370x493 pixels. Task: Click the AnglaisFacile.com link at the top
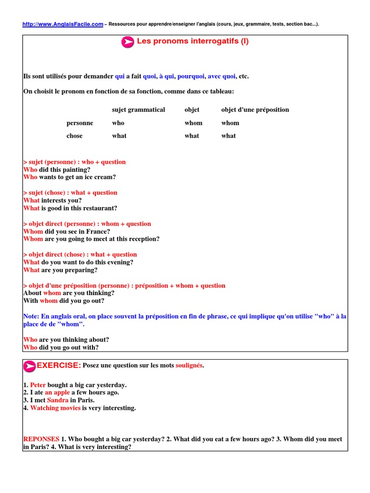pos(63,24)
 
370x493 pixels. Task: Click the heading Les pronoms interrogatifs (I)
pos(193,41)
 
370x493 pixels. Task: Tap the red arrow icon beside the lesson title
pos(128,42)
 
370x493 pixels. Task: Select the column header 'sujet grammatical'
pos(138,110)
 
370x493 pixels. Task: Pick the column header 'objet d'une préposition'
pos(255,110)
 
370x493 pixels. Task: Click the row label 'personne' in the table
pos(80,123)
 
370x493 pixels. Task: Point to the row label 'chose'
pos(75,136)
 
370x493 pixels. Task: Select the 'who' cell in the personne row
pos(118,123)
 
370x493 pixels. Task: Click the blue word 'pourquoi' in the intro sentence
pos(191,76)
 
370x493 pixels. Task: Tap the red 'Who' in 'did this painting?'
pos(30,169)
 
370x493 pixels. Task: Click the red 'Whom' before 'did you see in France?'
pos(33,231)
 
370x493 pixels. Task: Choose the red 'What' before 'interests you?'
pos(31,200)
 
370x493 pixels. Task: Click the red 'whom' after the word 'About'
pos(52,293)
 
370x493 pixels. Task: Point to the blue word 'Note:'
pos(31,316)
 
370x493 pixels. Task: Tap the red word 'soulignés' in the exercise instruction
pos(189,366)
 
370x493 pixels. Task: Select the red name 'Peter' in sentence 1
pos(38,385)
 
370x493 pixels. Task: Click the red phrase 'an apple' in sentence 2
pos(57,392)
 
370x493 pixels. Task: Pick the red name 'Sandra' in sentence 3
pos(58,400)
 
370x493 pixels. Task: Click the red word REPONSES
pos(41,439)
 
